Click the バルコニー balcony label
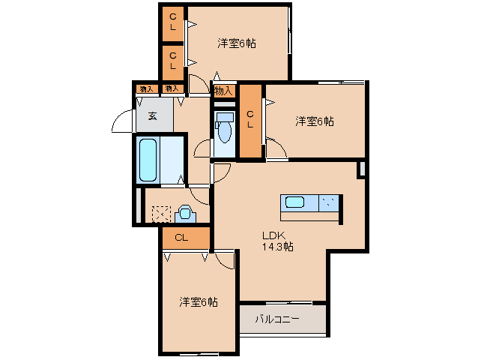tap(277, 319)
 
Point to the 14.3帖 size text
tap(276, 246)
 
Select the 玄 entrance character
tap(152, 116)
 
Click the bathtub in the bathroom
tap(148, 160)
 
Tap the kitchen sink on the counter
tap(294, 203)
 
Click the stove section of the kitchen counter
tap(329, 203)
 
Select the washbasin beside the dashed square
tap(185, 214)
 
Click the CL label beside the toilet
tap(251, 120)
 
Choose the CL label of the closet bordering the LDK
tap(181, 238)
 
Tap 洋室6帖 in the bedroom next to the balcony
tap(198, 302)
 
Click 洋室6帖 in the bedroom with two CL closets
tap(237, 43)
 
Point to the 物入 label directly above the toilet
tap(223, 91)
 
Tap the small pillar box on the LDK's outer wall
tap(361, 169)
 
